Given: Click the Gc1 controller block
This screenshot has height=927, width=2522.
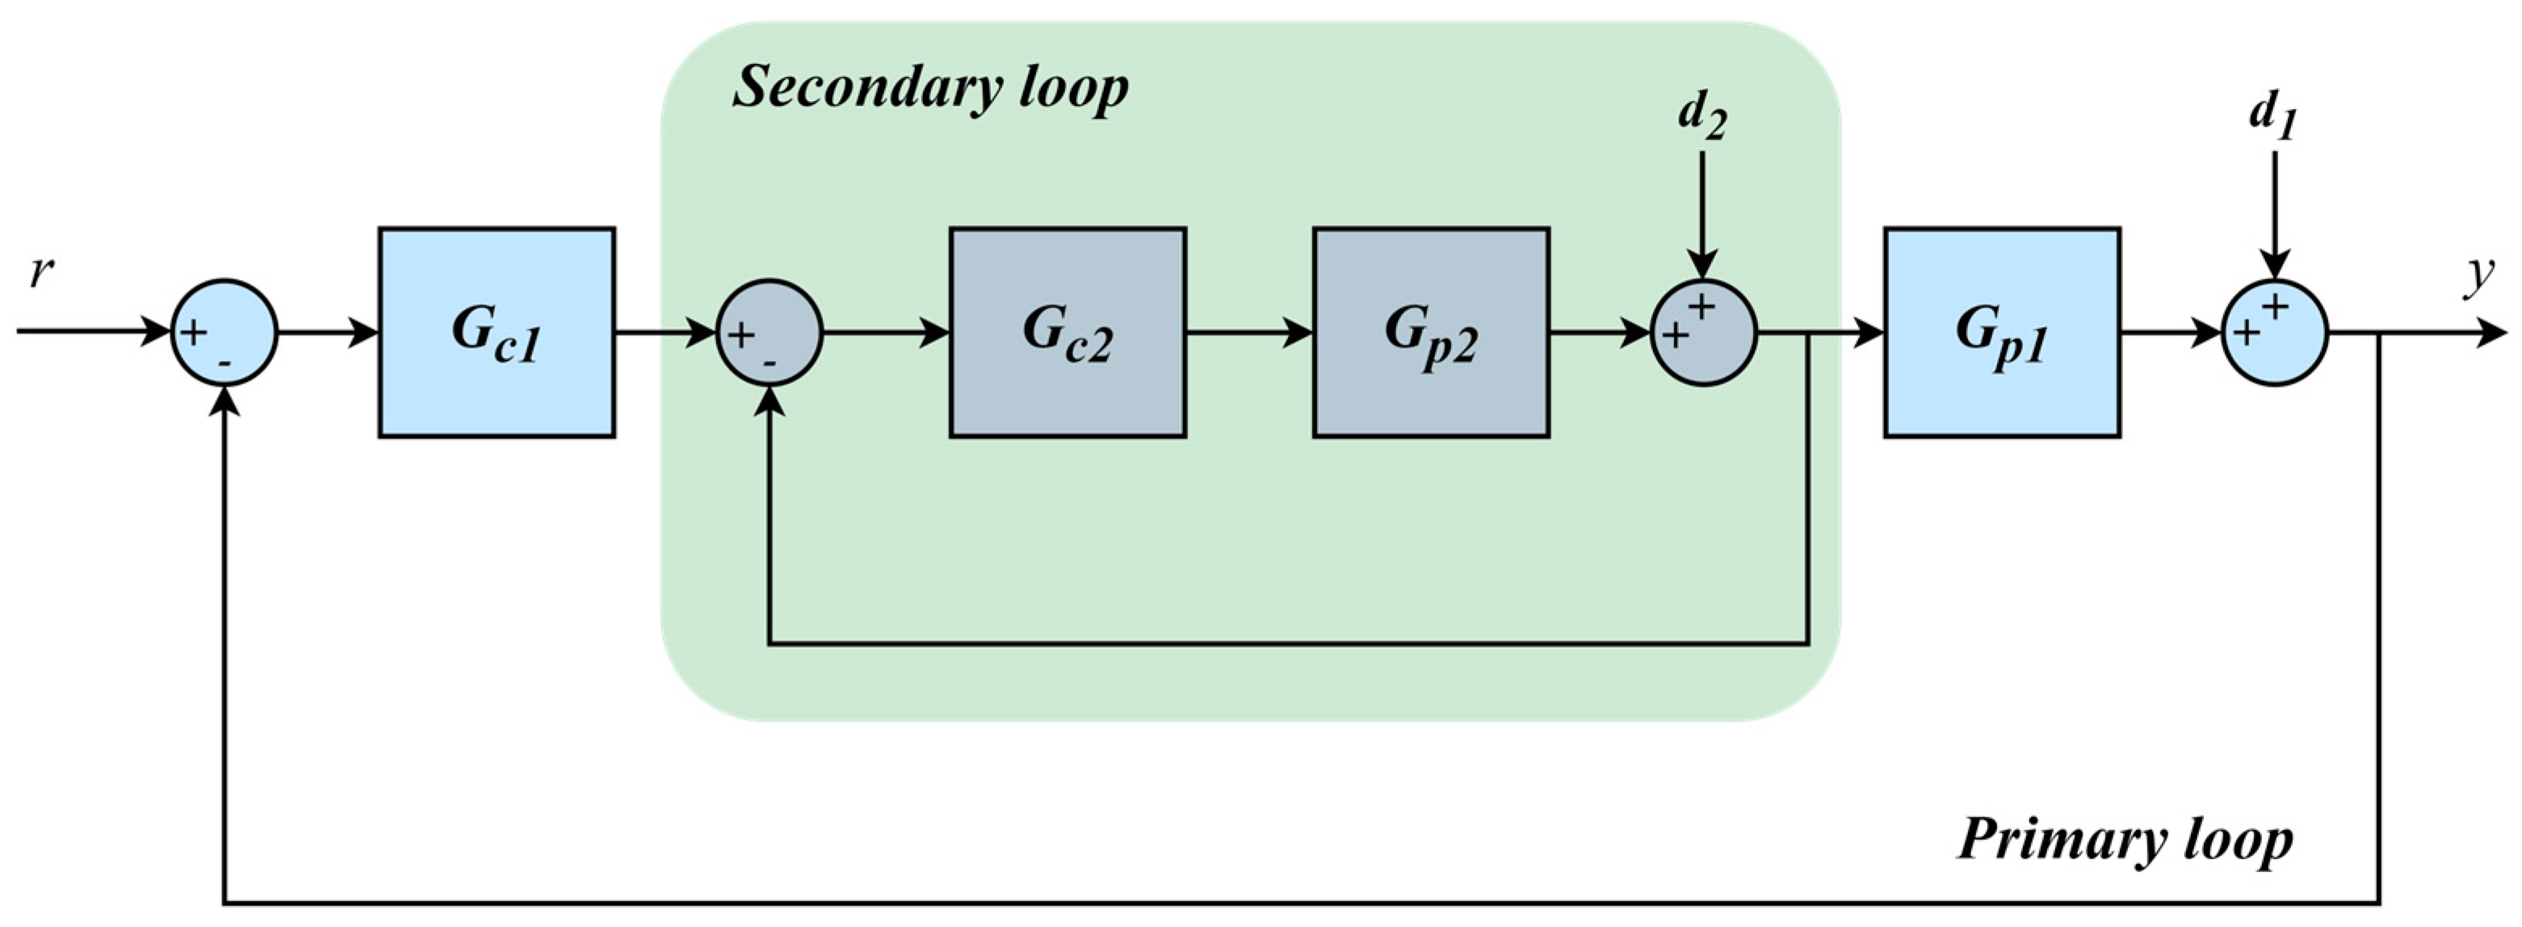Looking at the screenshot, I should coord(497,332).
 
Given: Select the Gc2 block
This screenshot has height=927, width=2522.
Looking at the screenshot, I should coord(1067,332).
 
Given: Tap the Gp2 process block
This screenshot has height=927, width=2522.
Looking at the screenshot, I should coord(1430,332).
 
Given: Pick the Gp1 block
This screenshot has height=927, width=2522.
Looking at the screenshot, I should coord(2002,332).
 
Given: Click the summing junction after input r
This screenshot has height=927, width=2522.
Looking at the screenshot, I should coord(225,333).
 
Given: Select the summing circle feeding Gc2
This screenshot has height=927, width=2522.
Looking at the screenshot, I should coord(770,333).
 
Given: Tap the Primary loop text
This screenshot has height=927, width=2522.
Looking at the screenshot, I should coord(2125,840).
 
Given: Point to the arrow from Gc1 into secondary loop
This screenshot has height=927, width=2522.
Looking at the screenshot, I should coord(665,333).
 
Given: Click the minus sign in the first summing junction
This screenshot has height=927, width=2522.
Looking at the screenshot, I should coord(225,363).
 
